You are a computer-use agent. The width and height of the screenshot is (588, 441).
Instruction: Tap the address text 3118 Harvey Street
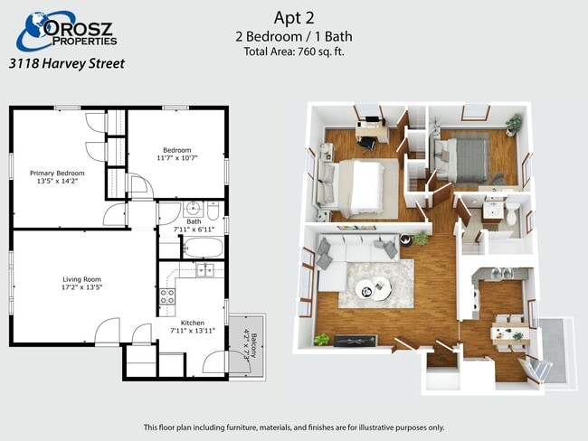(x=66, y=63)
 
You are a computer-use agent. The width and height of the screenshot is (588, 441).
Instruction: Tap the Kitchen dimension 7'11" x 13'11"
(x=192, y=331)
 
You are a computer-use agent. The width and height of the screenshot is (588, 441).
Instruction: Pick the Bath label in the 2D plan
(x=194, y=220)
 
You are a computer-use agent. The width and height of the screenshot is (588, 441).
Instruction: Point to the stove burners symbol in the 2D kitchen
(x=167, y=295)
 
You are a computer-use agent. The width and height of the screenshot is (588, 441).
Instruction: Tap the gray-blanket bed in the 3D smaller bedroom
(x=465, y=157)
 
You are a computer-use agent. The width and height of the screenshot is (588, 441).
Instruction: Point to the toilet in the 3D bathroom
(x=512, y=215)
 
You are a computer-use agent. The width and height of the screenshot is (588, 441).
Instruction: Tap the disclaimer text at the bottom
(x=294, y=427)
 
